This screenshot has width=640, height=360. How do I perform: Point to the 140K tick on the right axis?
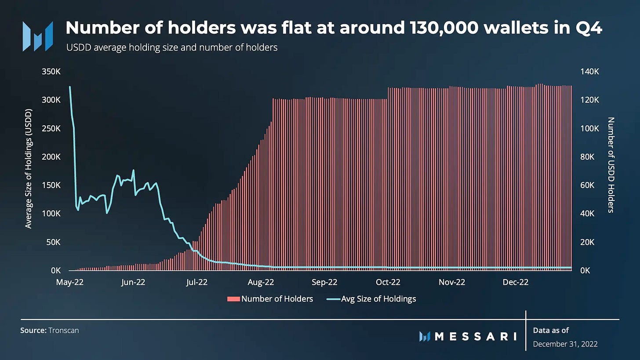click(590, 72)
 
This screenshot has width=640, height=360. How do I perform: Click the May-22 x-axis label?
click(70, 282)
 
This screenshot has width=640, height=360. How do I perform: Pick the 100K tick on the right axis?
click(590, 128)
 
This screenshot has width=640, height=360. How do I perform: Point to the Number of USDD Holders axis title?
click(611, 165)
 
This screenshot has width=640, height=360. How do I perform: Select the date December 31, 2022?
click(565, 344)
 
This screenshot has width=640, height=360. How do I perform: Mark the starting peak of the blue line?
click(70, 87)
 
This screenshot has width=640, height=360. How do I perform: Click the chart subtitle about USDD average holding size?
click(172, 47)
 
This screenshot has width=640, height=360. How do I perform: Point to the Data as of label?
click(551, 330)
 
